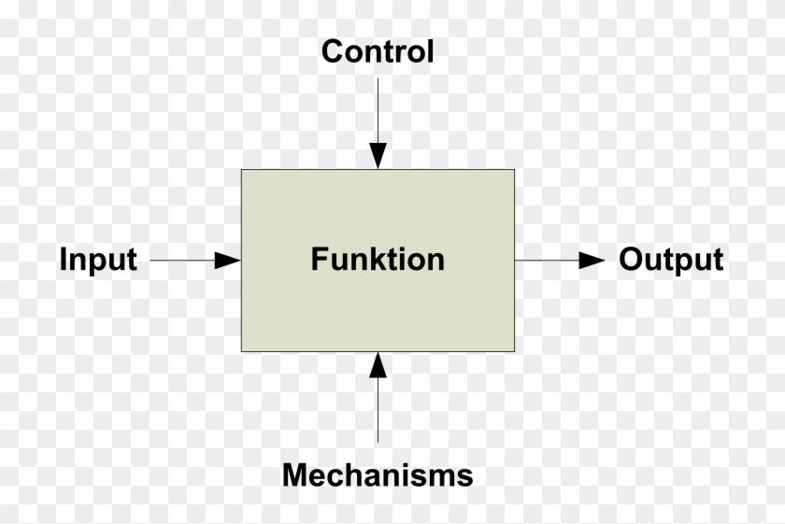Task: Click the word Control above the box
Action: (378, 51)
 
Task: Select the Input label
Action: (98, 259)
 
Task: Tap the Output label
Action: (671, 260)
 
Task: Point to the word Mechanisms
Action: (378, 475)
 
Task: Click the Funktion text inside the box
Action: (378, 259)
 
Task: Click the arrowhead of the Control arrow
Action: (378, 156)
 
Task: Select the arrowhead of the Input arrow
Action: (227, 260)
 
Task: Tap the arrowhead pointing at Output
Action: (592, 260)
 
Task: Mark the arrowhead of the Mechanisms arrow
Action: (378, 365)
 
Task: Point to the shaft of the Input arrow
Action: (182, 260)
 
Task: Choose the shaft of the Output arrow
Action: (547, 260)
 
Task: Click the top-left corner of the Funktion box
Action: (242, 170)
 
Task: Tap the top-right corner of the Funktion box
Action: (514, 170)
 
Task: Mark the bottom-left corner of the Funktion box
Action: (242, 351)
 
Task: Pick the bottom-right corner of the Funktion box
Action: (514, 351)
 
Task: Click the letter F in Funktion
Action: (319, 259)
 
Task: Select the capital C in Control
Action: (332, 51)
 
